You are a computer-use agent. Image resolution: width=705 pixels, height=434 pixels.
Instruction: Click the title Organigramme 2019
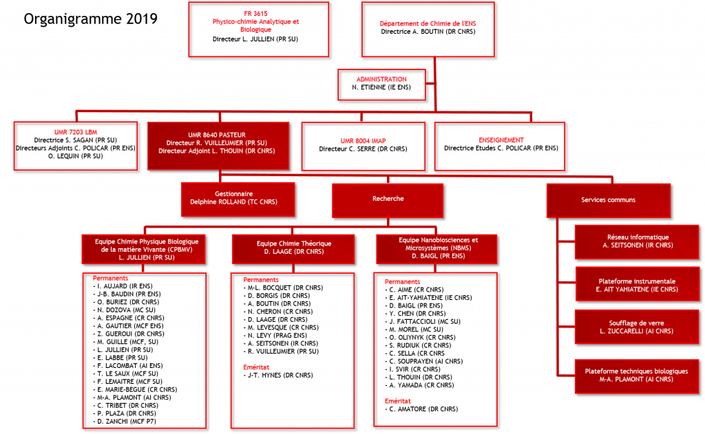point(90,19)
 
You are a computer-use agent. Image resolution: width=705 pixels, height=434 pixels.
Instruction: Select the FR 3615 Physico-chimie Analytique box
point(259,30)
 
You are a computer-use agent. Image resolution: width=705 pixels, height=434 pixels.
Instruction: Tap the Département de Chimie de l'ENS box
point(428,30)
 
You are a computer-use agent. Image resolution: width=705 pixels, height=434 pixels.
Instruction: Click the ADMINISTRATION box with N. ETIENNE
point(381,85)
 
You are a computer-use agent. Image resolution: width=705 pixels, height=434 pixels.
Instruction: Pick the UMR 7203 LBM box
point(76,146)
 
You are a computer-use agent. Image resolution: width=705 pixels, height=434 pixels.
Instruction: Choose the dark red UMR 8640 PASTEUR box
point(218,146)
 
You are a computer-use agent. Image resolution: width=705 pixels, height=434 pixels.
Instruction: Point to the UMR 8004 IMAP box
point(364,147)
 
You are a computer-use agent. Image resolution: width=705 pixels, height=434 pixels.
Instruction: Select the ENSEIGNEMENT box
point(500,147)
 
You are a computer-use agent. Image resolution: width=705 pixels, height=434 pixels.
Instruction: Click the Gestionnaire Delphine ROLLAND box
point(238,199)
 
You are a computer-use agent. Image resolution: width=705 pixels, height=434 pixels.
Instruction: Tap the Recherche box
point(388,200)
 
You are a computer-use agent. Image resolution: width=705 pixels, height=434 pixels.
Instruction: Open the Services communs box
point(609,200)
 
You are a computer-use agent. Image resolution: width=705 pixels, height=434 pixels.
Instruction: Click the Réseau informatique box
point(637,242)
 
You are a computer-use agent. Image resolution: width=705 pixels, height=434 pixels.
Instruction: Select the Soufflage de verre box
point(637,327)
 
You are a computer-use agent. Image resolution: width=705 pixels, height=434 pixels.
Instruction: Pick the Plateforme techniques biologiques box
point(637,376)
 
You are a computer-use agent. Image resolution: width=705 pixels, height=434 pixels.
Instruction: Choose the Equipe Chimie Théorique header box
point(293,248)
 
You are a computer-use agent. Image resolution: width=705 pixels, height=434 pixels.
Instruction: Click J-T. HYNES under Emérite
point(278,375)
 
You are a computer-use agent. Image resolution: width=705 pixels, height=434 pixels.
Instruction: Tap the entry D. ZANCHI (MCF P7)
point(125,422)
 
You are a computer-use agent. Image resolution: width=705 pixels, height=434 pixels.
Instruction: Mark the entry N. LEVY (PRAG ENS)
point(275,335)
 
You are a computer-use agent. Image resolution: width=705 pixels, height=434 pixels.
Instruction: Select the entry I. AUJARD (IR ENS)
point(123,285)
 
